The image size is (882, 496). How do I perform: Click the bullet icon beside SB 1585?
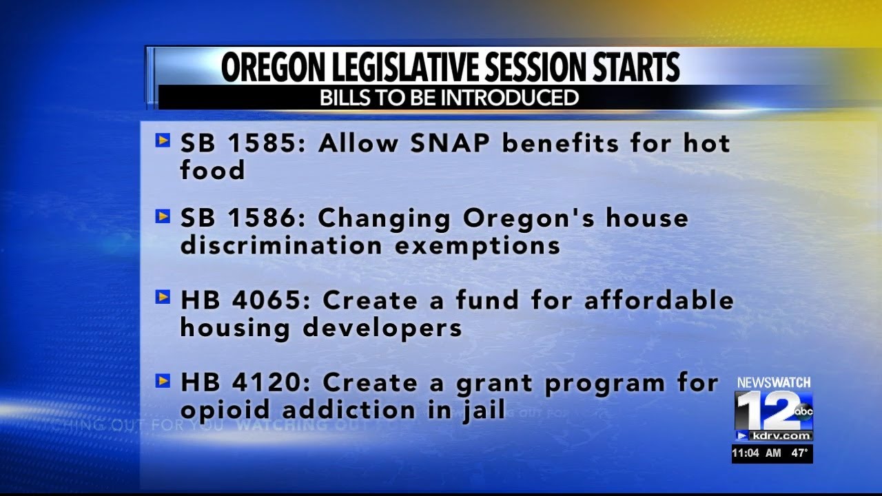pyautogui.click(x=163, y=141)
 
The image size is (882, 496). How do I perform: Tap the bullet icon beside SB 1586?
pyautogui.click(x=163, y=216)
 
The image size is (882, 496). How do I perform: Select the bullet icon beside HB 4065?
pyautogui.click(x=163, y=298)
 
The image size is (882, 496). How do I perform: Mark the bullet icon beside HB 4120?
pyautogui.click(x=163, y=380)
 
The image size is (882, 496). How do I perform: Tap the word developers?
pyautogui.click(x=382, y=328)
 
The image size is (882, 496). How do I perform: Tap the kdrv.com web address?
pyautogui.click(x=781, y=436)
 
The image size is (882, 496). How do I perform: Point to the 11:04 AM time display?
pyautogui.click(x=756, y=453)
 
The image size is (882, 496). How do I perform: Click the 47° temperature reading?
pyautogui.click(x=799, y=453)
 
